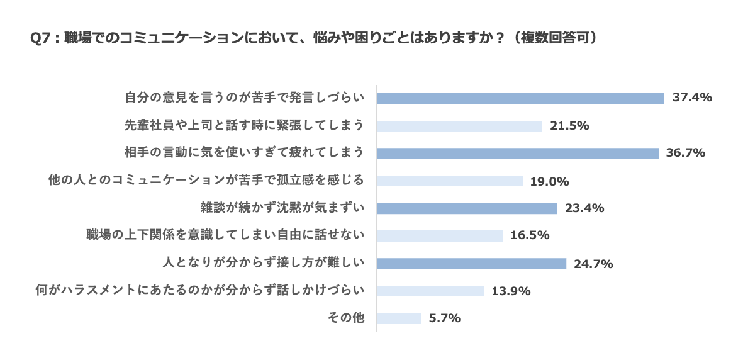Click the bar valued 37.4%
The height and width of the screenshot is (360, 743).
pyautogui.click(x=520, y=98)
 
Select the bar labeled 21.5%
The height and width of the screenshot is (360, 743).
pyautogui.click(x=459, y=126)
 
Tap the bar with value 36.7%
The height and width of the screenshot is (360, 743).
pyautogui.click(x=518, y=154)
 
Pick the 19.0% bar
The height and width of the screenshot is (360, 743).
pyautogui.click(x=450, y=181)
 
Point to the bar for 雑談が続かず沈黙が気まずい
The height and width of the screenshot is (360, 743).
pyautogui.click(x=467, y=208)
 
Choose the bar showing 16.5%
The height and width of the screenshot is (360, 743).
pyautogui.click(x=440, y=236)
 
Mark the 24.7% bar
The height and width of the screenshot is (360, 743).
pyautogui.click(x=472, y=264)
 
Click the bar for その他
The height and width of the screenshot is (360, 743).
pyautogui.click(x=399, y=318)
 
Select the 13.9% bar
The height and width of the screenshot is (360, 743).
pyautogui.click(x=430, y=291)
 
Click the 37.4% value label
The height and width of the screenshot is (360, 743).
pyautogui.click(x=692, y=98)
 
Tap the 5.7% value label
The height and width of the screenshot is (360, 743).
pyautogui.click(x=444, y=318)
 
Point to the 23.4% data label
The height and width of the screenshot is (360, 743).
pyautogui.click(x=584, y=208)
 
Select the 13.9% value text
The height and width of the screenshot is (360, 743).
pyautogui.click(x=511, y=291)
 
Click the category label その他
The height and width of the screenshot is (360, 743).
pyautogui.click(x=346, y=318)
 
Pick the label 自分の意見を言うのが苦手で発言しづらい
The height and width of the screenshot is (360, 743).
pyautogui.click(x=245, y=98)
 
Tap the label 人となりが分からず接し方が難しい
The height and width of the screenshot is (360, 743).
pyautogui.click(x=264, y=263)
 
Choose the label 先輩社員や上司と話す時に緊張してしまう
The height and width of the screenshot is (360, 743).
pyautogui.click(x=245, y=125)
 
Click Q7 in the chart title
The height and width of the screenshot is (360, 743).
pyautogui.click(x=40, y=38)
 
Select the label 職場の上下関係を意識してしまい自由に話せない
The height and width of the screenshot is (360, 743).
pyautogui.click(x=226, y=235)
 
